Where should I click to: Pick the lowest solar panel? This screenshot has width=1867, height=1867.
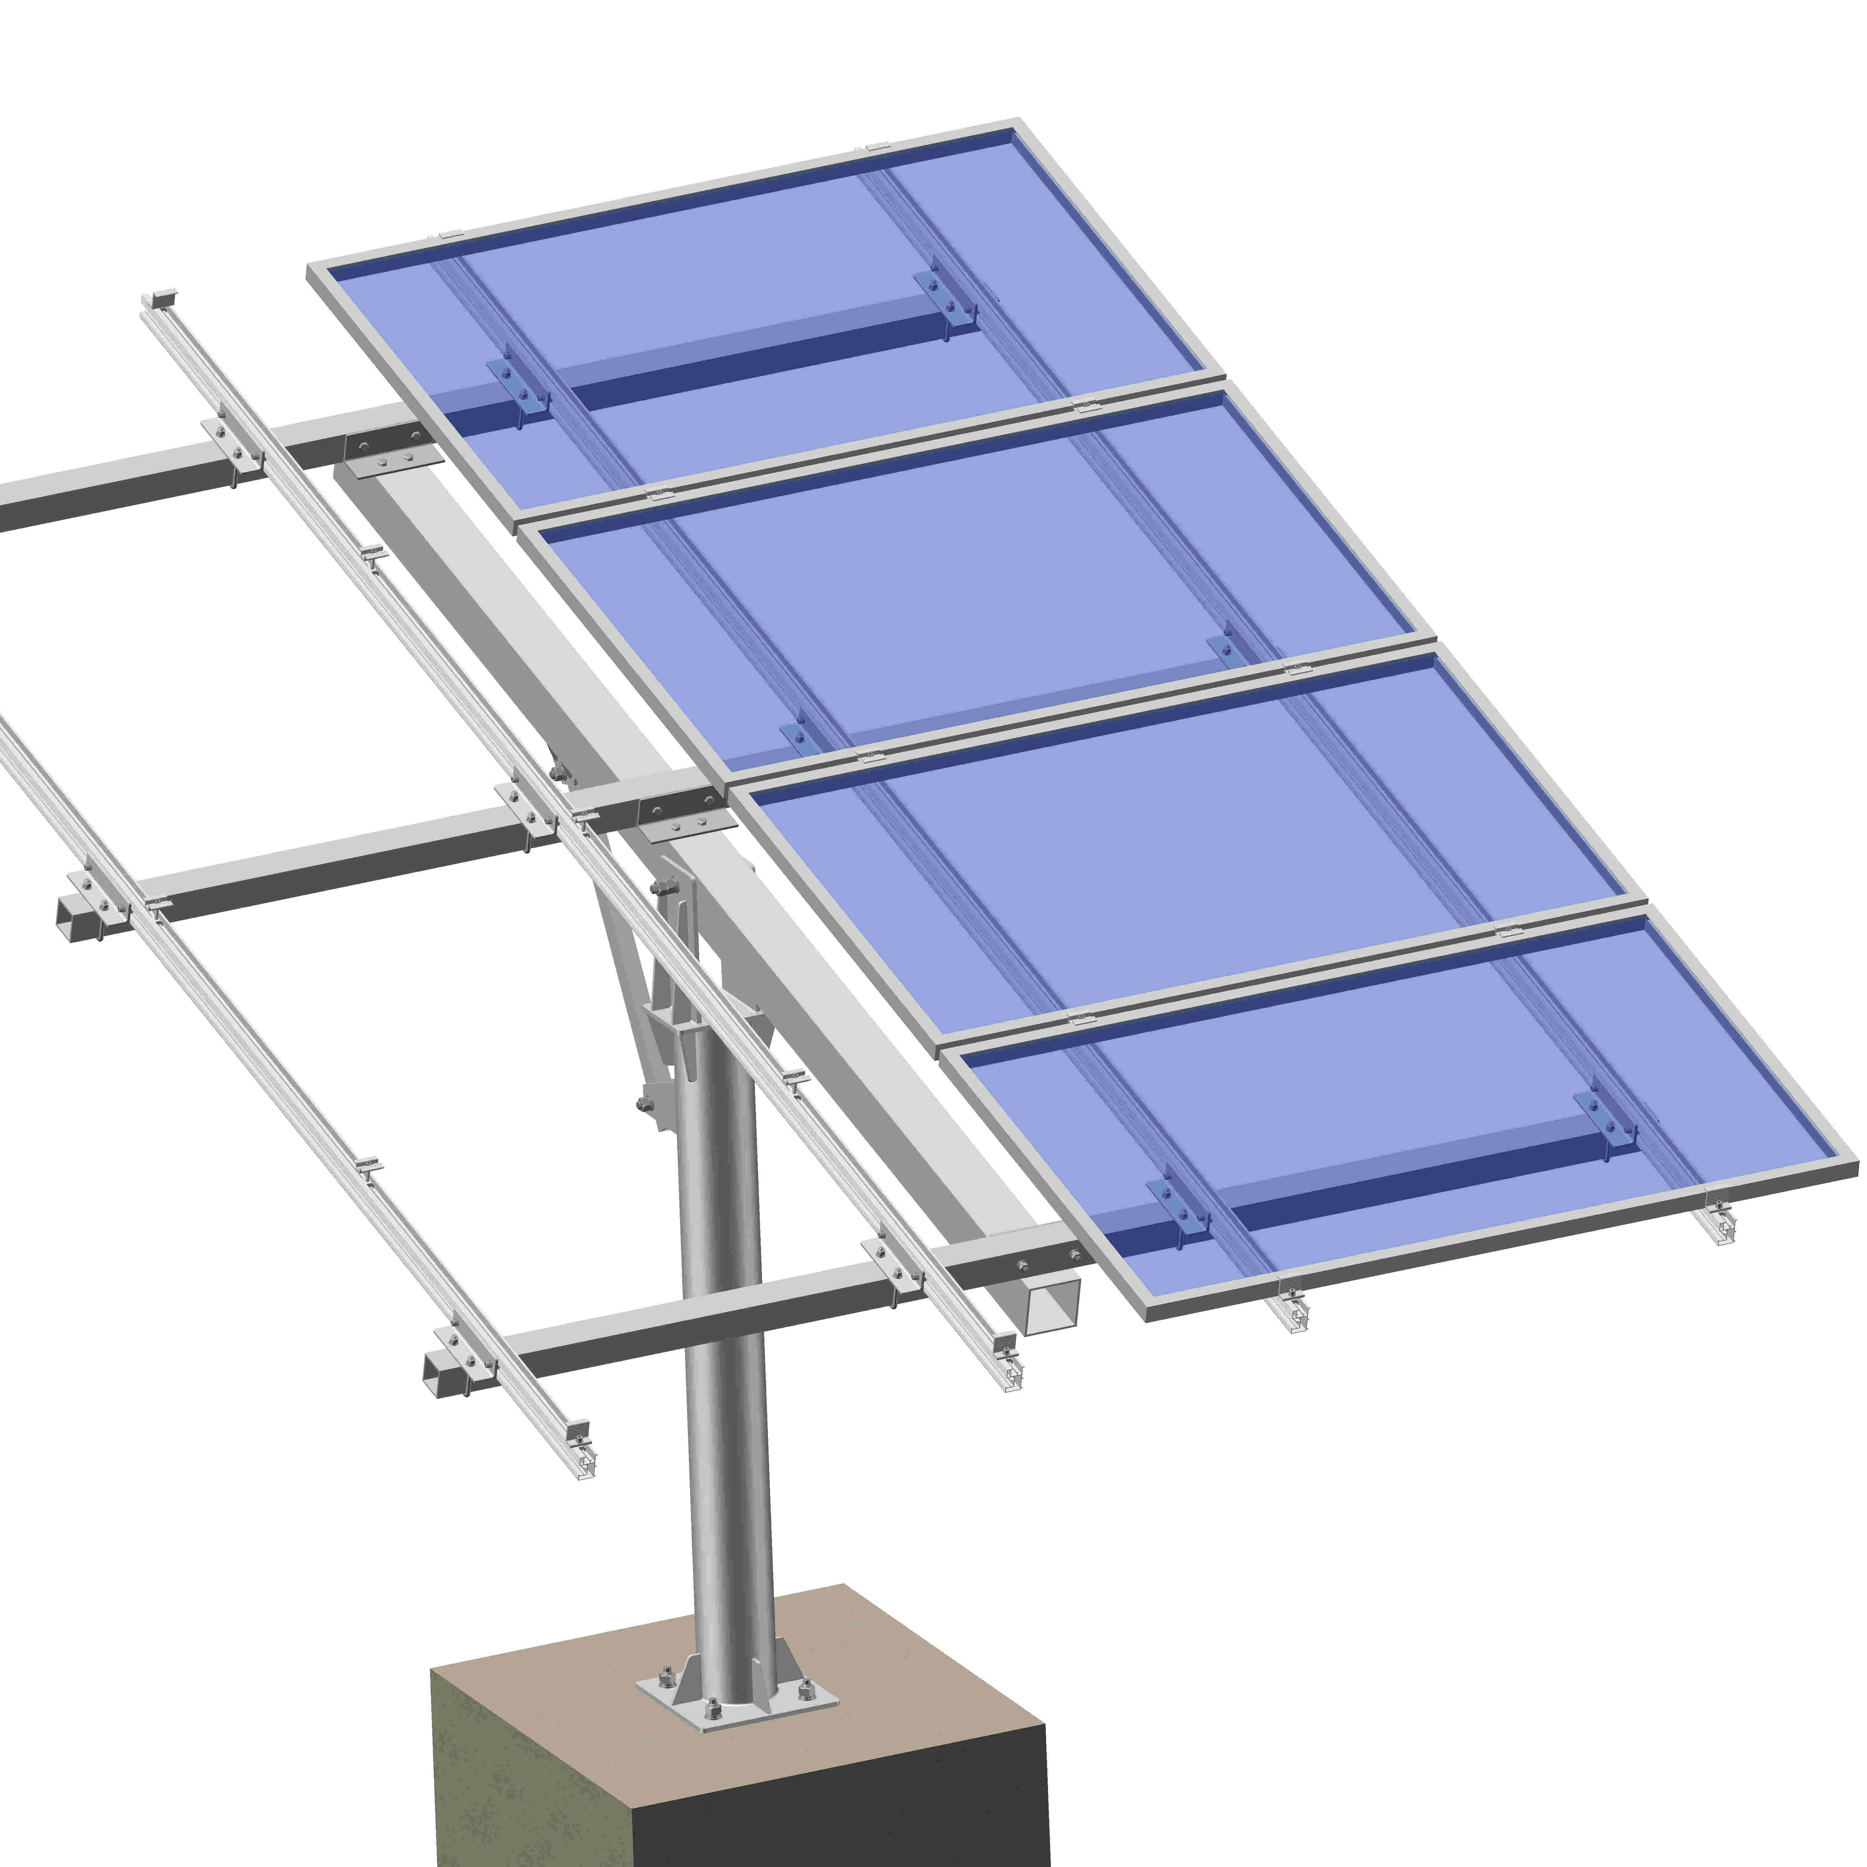pos(1401,1121)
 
